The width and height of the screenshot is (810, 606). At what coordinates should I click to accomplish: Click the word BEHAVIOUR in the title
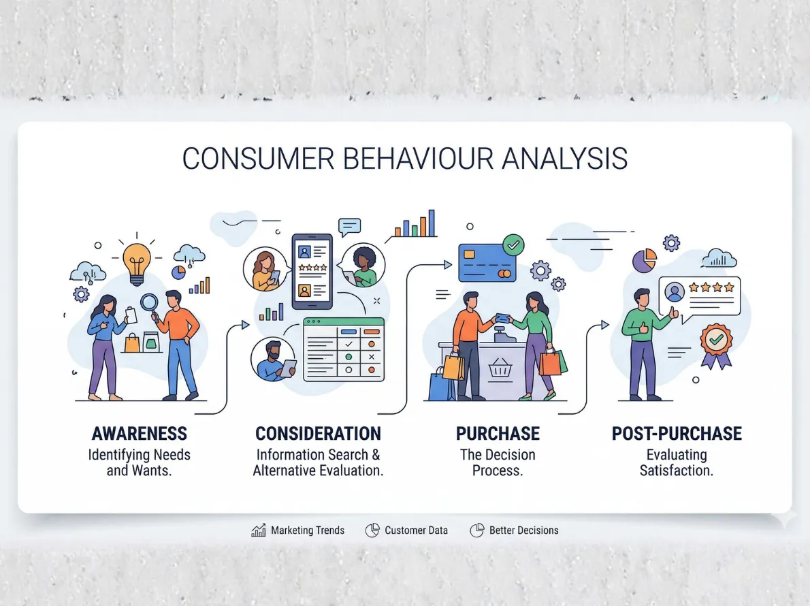[412, 158]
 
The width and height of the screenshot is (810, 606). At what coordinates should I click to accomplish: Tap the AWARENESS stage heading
[139, 434]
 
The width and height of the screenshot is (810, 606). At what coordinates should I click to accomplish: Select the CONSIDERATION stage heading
[318, 434]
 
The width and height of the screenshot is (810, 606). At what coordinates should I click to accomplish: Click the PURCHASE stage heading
[498, 434]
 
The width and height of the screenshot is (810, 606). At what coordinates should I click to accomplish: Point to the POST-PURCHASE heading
[677, 434]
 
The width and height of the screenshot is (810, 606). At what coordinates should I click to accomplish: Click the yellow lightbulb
[137, 261]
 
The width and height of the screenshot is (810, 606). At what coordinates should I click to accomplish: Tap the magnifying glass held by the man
[150, 302]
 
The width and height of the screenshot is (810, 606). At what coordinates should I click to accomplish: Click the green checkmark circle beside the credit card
[513, 244]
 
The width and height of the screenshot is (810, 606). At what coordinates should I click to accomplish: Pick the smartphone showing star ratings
[312, 271]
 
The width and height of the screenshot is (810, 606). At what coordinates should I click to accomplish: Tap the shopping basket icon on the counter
[500, 368]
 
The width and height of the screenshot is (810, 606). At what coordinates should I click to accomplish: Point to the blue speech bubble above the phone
[350, 226]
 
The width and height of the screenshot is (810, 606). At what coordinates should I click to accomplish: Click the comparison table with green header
[344, 349]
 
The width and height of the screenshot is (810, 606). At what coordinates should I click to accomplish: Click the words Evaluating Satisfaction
[677, 462]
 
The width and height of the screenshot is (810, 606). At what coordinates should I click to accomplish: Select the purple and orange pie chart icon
[644, 259]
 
